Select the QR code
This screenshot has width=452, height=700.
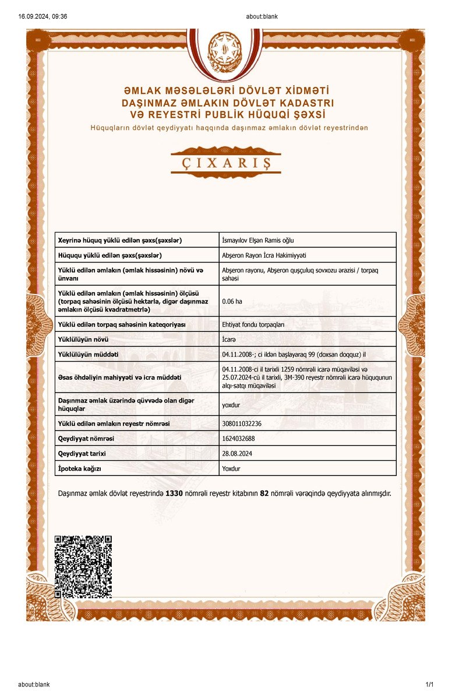tap(83, 566)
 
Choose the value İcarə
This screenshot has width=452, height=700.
tap(229, 339)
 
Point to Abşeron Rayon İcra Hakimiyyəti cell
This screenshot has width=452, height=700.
tap(264, 256)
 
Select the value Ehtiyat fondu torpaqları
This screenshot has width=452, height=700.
tap(253, 324)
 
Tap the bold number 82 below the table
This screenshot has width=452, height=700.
tap(263, 494)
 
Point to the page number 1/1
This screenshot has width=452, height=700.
tap(430, 684)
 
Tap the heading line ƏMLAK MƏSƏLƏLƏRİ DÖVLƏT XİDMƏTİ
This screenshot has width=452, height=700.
tap(226, 92)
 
